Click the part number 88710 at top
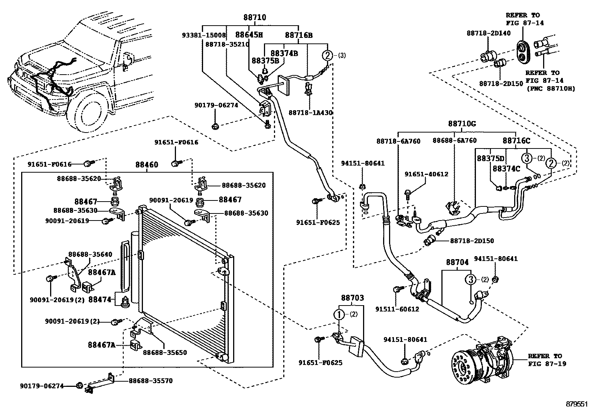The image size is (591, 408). click(255, 17)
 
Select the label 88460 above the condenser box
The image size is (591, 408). click(147, 164)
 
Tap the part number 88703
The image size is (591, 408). click(352, 298)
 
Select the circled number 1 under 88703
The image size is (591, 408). click(339, 314)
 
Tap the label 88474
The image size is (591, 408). click(100, 299)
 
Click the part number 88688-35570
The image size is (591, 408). click(151, 381)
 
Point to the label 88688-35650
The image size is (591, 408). click(165, 352)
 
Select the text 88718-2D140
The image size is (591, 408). click(489, 33)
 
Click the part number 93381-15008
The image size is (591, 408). click(204, 35)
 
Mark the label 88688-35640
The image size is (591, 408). click(90, 255)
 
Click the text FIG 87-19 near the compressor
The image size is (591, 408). click(547, 363)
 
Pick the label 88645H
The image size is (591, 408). click(249, 35)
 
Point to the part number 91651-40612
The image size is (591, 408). click(427, 174)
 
